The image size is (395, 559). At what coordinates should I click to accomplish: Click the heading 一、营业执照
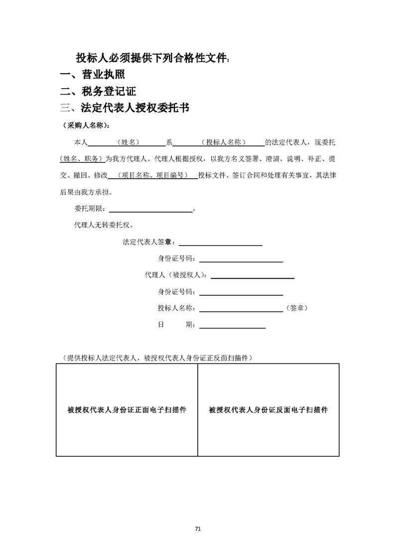[92, 75]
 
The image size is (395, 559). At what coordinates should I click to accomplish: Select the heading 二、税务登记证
[98, 92]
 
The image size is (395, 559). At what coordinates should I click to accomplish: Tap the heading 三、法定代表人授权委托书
[124, 108]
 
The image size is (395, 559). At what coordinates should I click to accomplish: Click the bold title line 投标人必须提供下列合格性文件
[152, 58]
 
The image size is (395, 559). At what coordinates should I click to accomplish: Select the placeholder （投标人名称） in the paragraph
[224, 142]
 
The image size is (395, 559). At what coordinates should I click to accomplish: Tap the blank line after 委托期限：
[150, 210]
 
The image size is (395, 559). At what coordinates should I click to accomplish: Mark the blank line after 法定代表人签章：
[220, 243]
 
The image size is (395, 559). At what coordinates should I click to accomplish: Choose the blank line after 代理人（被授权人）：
[253, 275]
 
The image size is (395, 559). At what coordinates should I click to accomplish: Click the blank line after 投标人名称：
[241, 309]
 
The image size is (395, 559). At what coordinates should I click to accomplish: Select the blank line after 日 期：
[232, 325]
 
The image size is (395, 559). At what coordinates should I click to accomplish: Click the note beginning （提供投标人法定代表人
[156, 357]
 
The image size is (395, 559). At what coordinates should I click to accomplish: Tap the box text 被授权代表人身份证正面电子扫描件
[127, 410]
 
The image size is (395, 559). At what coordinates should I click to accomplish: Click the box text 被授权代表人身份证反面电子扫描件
[268, 410]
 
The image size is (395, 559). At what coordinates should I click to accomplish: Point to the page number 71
[198, 529]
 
